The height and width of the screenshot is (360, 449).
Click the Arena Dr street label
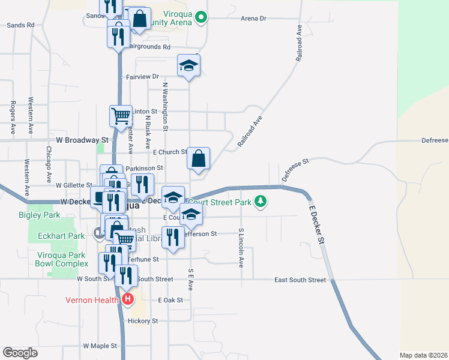coord(253,19)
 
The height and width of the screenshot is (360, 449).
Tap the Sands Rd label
coord(20,25)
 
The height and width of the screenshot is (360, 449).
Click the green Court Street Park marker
coord(260,202)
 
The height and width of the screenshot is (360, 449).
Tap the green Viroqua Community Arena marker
coord(202,18)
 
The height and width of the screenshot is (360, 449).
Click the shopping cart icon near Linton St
coord(121,116)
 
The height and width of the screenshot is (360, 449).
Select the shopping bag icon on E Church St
coord(199,159)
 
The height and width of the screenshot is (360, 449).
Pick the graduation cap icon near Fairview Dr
coord(188,66)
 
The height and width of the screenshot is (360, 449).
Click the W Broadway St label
coord(81,140)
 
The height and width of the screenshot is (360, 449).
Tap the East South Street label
coord(300,280)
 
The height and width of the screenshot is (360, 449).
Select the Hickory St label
coord(142,321)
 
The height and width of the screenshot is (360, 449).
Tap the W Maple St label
coord(100,346)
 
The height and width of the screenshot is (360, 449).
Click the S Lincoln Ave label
coord(241,247)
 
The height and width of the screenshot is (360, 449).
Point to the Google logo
coord(20,353)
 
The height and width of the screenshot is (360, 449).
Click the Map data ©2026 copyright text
coord(423,355)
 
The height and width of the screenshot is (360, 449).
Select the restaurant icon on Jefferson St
coord(173,238)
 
